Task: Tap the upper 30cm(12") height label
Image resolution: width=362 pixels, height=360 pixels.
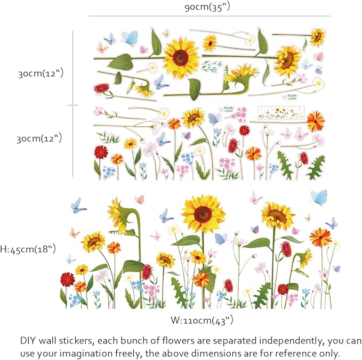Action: [x=41, y=73]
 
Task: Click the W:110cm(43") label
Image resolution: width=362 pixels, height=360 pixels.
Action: [x=202, y=321]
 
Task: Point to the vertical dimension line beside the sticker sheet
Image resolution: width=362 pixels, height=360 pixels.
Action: [x=73, y=104]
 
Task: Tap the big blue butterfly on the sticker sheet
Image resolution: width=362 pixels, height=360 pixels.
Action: [x=129, y=38]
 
